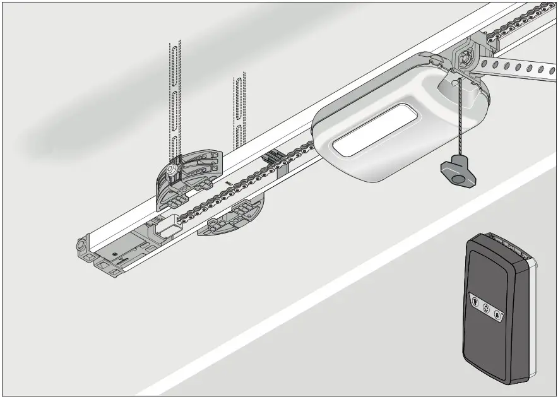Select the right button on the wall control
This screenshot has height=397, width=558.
tap(497, 314)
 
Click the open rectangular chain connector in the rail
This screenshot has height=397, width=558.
tap(167, 227)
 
